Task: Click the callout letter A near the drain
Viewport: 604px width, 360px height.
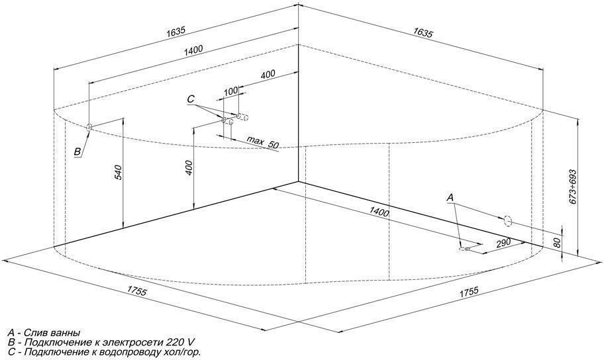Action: (x=450, y=198)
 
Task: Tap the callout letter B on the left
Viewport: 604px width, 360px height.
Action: (x=77, y=152)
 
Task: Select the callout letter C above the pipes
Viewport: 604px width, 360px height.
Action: (x=191, y=99)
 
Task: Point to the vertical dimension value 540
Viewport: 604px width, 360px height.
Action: (x=119, y=173)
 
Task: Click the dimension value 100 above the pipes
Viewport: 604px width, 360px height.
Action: (x=230, y=91)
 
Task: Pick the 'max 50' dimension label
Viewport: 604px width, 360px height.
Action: (x=263, y=142)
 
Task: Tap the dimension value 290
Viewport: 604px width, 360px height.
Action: (x=503, y=243)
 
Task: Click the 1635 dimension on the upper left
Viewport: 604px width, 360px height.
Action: (x=176, y=32)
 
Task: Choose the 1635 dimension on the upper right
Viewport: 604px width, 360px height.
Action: (x=423, y=32)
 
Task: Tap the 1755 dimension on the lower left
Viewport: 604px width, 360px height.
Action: (x=136, y=291)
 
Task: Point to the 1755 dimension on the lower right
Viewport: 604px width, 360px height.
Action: (x=469, y=291)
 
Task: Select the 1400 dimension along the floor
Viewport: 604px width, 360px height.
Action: (x=379, y=211)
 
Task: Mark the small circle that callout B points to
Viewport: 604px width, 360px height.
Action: (x=90, y=126)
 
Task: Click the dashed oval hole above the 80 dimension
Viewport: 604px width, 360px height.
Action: (x=508, y=221)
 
